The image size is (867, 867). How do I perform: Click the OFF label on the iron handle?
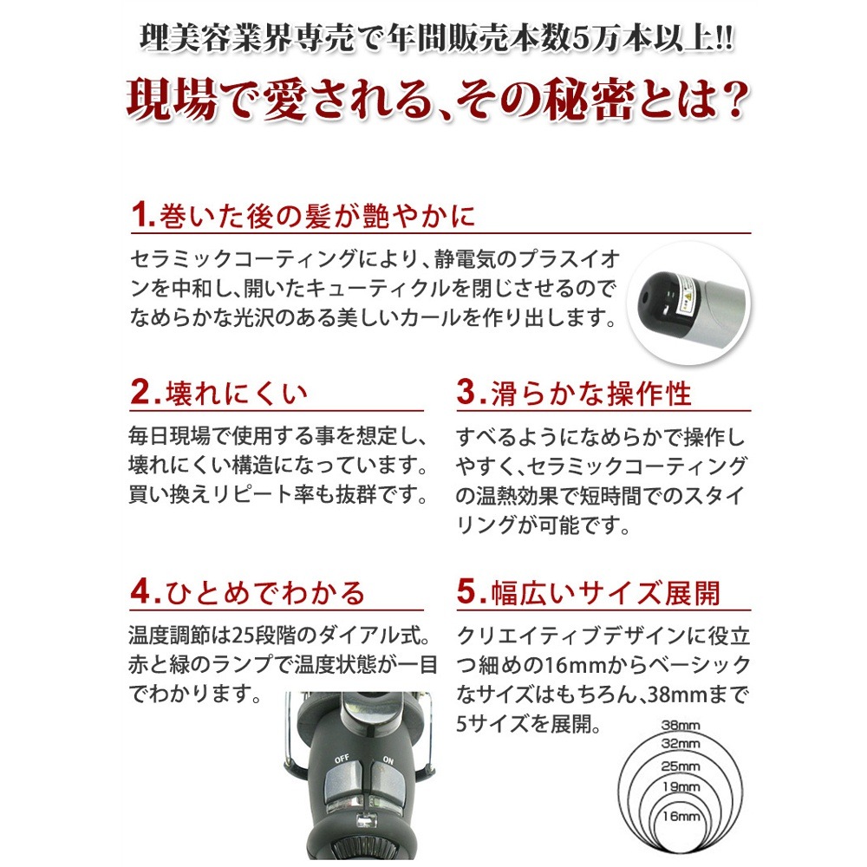point(342,760)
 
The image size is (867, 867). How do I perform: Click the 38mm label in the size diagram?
point(681,726)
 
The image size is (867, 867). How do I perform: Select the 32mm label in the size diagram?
point(681,745)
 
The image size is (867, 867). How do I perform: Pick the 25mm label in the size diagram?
point(681,766)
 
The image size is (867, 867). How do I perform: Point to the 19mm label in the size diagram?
point(681,788)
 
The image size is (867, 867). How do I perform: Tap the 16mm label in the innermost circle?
point(681,817)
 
